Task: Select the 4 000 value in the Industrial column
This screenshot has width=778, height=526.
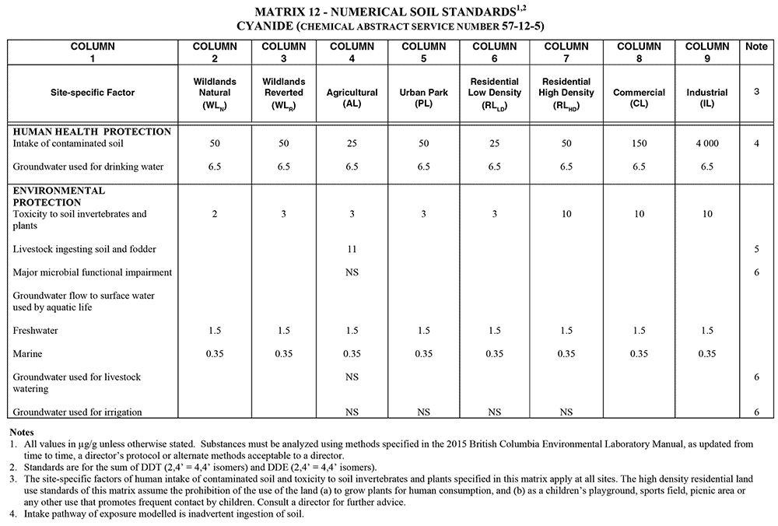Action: click(x=707, y=144)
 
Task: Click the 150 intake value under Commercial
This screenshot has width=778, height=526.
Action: click(x=639, y=144)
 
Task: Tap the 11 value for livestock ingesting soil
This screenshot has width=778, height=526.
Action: click(x=352, y=249)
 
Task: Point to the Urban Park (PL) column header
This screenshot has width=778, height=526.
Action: click(x=423, y=93)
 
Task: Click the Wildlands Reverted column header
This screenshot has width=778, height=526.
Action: click(x=284, y=93)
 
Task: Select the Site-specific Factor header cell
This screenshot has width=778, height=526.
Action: click(x=93, y=93)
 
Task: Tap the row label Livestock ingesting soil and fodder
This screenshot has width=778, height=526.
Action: click(x=85, y=249)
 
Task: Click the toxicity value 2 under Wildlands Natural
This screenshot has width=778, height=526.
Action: click(x=215, y=214)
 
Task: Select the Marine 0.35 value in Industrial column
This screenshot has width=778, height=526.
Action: click(x=707, y=354)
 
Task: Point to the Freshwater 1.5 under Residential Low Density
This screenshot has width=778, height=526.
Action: click(x=495, y=331)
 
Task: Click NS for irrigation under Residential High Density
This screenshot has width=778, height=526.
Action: click(x=566, y=412)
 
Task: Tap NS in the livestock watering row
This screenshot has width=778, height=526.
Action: click(x=352, y=377)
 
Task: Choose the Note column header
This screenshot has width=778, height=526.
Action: click(x=756, y=47)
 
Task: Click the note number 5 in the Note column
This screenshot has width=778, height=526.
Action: click(x=756, y=249)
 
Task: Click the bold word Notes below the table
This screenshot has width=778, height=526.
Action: click(x=23, y=431)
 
